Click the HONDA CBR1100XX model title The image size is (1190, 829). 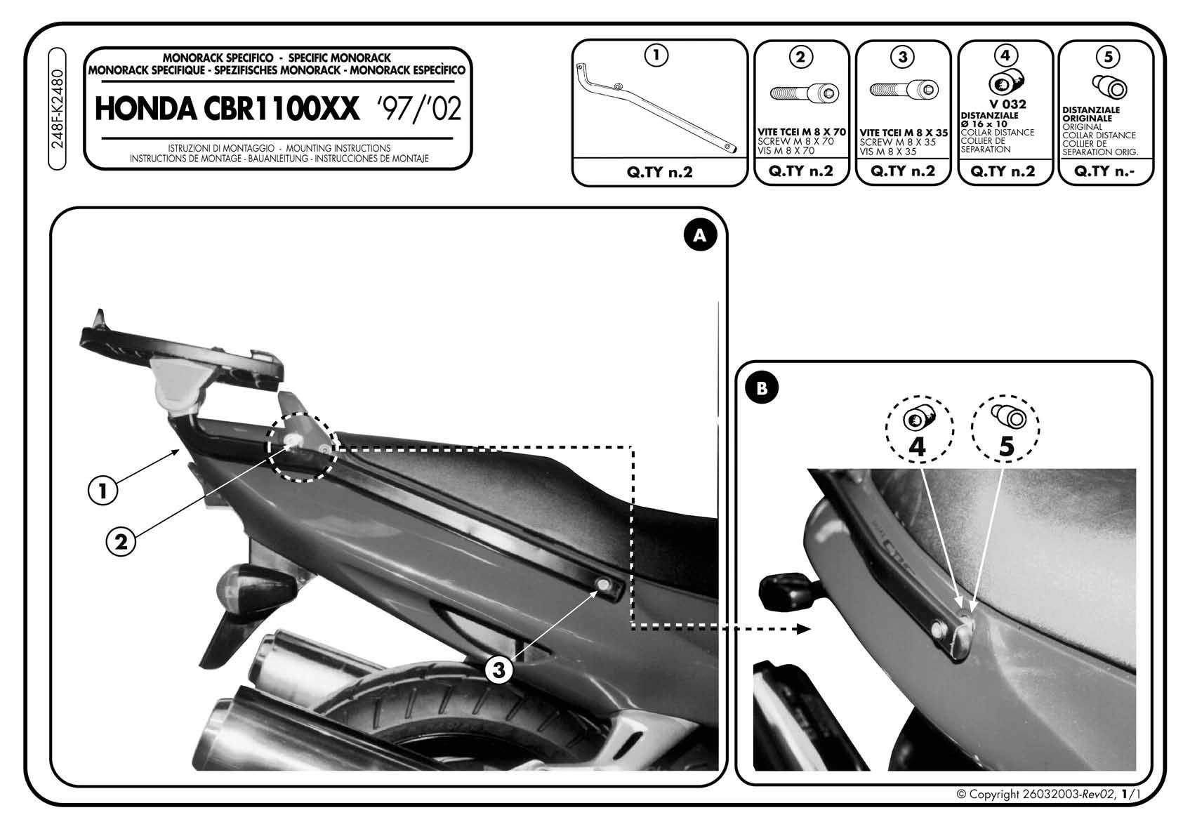(227, 110)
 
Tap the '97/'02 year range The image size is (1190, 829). (418, 110)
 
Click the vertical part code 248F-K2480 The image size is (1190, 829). (58, 109)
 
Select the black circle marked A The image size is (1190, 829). (699, 237)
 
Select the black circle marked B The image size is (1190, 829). (762, 388)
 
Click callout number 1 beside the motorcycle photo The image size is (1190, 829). (103, 491)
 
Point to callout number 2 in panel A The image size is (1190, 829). (121, 542)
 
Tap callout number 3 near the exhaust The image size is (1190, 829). (498, 670)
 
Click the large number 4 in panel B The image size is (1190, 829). (917, 446)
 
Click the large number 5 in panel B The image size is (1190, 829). (1006, 446)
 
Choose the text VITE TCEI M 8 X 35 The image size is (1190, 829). (903, 133)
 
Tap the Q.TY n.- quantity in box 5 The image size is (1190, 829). (1105, 171)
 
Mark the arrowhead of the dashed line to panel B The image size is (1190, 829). (804, 630)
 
